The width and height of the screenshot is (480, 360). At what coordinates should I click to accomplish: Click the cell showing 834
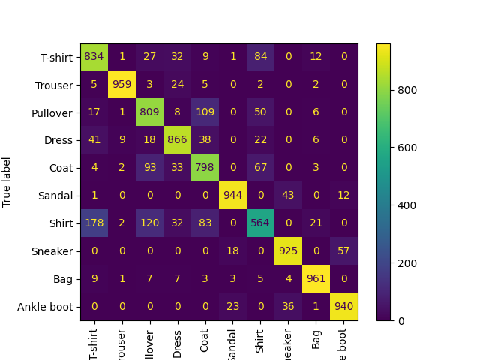point(94,57)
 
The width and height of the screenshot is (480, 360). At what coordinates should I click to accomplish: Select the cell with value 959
point(122,85)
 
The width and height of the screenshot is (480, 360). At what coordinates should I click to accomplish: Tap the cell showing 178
point(94,223)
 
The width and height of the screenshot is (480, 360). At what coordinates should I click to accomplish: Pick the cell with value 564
point(261,223)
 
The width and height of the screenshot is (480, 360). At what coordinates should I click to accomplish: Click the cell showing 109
point(205,112)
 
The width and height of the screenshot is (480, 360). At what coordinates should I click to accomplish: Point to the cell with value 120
point(150,223)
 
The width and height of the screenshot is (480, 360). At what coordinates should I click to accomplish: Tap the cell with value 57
point(344,251)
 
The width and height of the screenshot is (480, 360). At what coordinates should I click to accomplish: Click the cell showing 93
point(150,168)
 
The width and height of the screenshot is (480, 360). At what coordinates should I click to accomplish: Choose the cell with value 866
point(178,140)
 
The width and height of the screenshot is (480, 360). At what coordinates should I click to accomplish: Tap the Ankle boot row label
point(50,307)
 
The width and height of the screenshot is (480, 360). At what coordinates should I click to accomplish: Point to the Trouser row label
point(56,85)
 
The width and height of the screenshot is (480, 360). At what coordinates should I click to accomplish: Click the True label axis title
point(7,181)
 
